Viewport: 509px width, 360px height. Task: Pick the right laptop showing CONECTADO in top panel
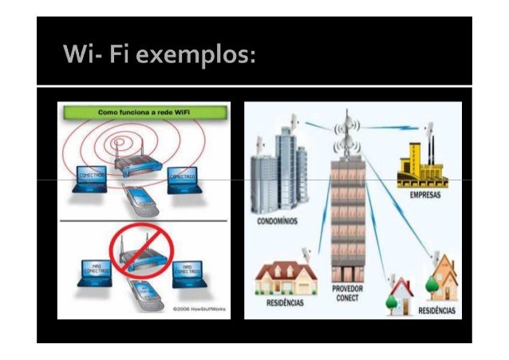(x=183, y=178)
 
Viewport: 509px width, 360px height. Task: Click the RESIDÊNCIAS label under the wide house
(x=285, y=303)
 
